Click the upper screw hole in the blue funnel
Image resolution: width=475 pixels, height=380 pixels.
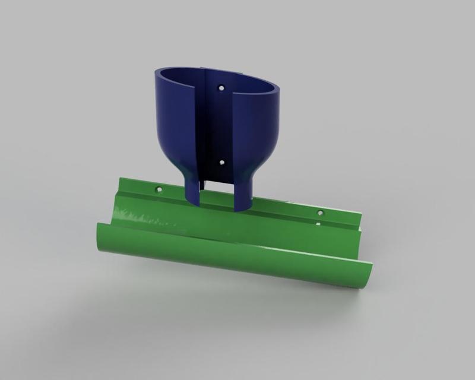[221, 87]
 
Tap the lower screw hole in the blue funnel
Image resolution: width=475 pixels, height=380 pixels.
[221, 161]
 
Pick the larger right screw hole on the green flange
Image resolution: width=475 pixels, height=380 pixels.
[321, 212]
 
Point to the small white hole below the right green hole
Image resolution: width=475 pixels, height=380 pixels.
[318, 224]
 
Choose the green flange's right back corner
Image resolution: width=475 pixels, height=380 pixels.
[360, 217]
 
